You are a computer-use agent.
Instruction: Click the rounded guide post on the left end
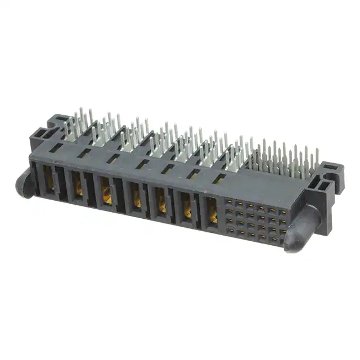(24, 181)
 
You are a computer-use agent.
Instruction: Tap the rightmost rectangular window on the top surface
(219, 179)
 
